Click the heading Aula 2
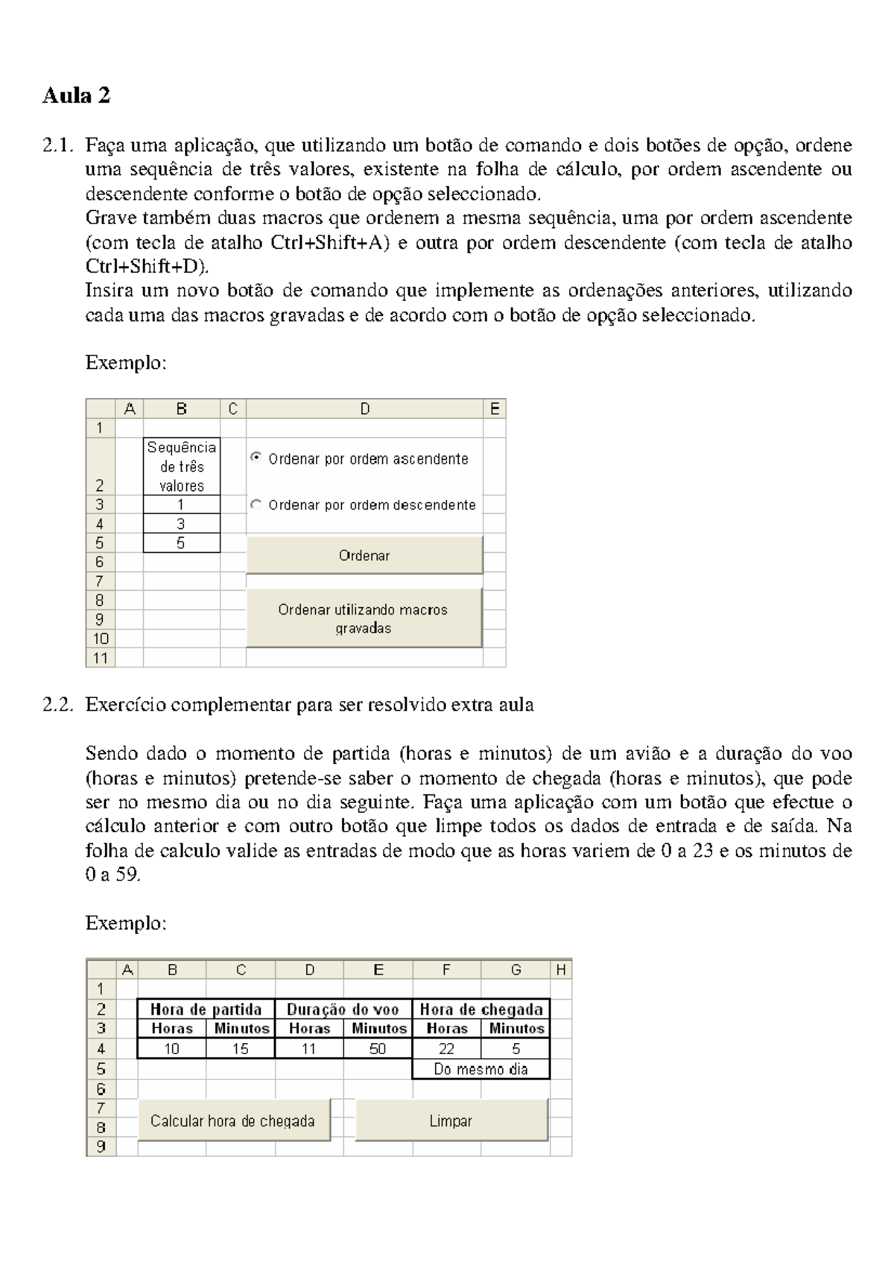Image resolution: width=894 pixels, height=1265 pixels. pyautogui.click(x=77, y=96)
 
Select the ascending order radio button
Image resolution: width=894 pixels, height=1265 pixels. pyautogui.click(x=256, y=458)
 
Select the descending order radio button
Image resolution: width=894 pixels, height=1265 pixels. pyautogui.click(x=256, y=504)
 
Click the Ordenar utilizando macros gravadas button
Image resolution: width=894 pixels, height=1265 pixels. pyautogui.click(x=364, y=618)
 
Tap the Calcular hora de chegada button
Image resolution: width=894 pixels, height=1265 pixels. pyautogui.click(x=233, y=1120)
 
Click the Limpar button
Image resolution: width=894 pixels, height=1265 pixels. pyautogui.click(x=451, y=1120)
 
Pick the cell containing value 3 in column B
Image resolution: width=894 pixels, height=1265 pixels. pyautogui.click(x=181, y=524)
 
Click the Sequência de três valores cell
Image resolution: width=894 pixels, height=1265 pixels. pyautogui.click(x=181, y=466)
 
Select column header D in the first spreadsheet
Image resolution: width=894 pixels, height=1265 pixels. pyautogui.click(x=364, y=409)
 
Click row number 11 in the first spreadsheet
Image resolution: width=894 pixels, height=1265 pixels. pyautogui.click(x=101, y=658)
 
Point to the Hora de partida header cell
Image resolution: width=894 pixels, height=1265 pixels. pyautogui.click(x=206, y=1009)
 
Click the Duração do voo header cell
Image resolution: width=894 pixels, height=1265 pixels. pyautogui.click(x=343, y=1009)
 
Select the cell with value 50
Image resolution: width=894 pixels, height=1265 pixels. pyautogui.click(x=378, y=1048)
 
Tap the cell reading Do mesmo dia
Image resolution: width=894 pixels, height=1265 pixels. pyautogui.click(x=481, y=1069)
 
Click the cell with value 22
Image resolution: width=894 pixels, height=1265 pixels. pyautogui.click(x=446, y=1048)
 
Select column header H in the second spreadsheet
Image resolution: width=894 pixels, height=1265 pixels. pyautogui.click(x=561, y=969)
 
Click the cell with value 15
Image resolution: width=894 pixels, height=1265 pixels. pyautogui.click(x=241, y=1048)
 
